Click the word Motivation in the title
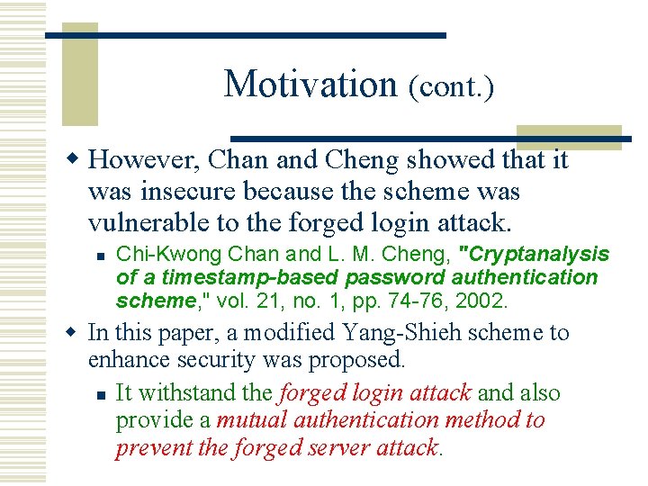click(x=310, y=84)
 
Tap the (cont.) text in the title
click(x=451, y=87)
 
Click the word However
click(x=145, y=160)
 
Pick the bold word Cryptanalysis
click(x=534, y=255)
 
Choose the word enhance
click(x=123, y=361)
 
